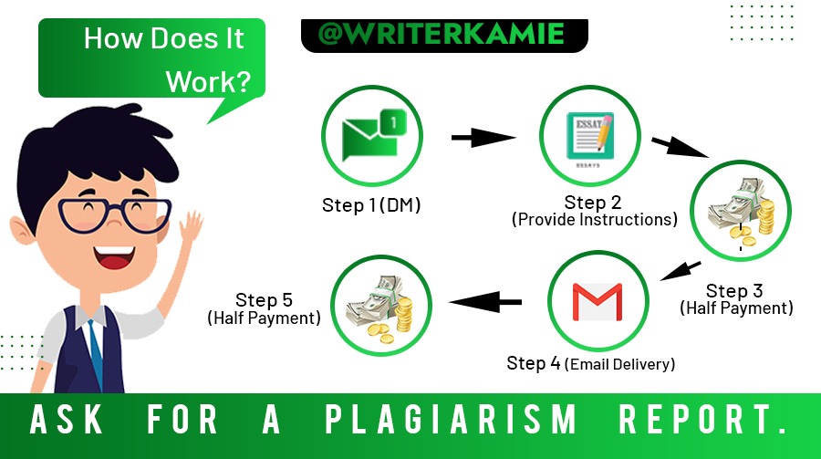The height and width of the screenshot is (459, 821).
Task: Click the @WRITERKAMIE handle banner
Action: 444,35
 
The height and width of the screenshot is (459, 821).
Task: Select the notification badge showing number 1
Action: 393,123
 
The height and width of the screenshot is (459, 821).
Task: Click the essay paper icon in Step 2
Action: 590,136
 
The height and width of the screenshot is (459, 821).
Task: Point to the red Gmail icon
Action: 598,301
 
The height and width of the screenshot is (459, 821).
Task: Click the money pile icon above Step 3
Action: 741,213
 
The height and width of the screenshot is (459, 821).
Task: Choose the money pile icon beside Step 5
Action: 380,309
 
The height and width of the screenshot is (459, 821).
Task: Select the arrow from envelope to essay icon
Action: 483,138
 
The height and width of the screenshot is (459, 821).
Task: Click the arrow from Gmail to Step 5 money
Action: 485,302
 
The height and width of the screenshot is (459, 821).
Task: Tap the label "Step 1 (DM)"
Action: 371,205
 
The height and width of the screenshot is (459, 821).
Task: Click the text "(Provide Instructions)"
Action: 594,220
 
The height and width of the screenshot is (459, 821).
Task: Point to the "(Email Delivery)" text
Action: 620,364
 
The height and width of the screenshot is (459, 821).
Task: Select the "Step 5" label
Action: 264,299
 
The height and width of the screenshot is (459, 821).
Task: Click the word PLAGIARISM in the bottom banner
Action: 451,419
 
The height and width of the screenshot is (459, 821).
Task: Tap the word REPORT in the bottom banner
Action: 702,419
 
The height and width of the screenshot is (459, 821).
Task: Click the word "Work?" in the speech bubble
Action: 208,82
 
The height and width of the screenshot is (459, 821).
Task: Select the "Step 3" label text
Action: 734,291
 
